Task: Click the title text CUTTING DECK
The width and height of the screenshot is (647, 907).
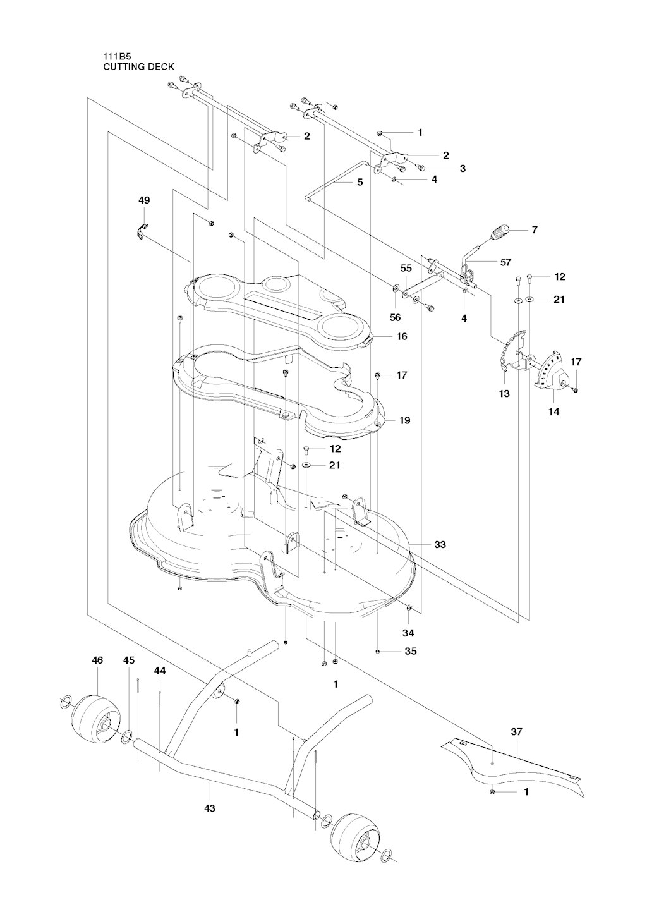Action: [138, 66]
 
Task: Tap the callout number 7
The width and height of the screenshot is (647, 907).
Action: [535, 230]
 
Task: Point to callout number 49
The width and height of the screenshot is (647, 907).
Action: [144, 200]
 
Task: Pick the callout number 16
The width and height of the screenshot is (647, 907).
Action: [402, 336]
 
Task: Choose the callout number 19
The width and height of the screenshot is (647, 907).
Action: [404, 420]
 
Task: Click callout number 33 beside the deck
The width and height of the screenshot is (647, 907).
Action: [440, 544]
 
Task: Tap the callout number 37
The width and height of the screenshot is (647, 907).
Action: [517, 732]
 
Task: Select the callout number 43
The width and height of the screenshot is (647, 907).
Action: [210, 808]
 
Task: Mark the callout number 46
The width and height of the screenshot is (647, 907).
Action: [97, 660]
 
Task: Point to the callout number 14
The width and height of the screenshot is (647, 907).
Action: [553, 411]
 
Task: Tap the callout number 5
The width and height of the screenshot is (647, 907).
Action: [360, 182]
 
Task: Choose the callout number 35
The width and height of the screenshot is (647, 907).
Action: [411, 651]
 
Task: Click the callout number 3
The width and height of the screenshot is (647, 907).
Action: [463, 169]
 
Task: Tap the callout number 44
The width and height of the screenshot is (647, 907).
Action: [160, 671]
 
